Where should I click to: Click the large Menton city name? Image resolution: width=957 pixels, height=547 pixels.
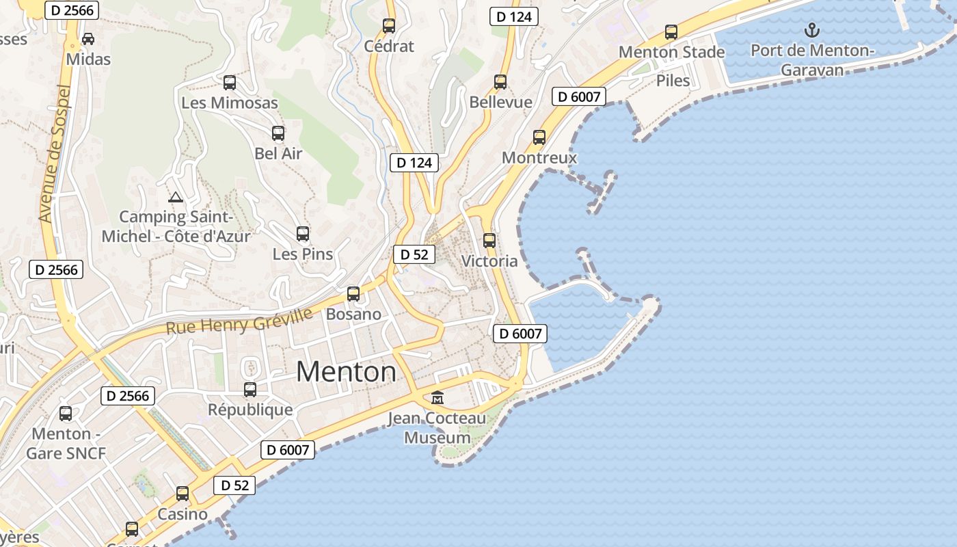(346, 372)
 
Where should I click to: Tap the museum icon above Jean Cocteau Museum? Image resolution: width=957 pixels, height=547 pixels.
(437, 397)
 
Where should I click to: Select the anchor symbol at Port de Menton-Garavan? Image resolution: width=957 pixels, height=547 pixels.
(811, 30)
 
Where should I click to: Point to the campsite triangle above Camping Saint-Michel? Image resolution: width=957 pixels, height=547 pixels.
(176, 198)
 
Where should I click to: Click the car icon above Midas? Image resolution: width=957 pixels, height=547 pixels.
(88, 39)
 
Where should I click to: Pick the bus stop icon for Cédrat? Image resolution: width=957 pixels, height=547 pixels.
(389, 26)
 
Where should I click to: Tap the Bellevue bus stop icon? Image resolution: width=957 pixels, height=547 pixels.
(500, 82)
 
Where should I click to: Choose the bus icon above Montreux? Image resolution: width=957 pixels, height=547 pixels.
(539, 137)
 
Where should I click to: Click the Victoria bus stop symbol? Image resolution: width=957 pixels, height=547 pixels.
(489, 241)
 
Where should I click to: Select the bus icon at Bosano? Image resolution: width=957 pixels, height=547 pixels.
(353, 294)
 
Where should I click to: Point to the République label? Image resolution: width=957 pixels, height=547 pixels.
(250, 410)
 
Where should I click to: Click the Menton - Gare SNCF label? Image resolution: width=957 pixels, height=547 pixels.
(66, 443)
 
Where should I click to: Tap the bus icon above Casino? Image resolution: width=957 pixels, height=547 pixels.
(183, 494)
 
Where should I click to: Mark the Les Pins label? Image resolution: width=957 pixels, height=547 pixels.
(303, 254)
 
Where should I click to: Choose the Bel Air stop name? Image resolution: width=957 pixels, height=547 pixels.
(278, 154)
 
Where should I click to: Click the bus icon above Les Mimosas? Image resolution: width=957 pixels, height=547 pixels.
(230, 83)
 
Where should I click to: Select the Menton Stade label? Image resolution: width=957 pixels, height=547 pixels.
(671, 52)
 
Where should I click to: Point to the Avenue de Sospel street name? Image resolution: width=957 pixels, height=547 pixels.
(55, 154)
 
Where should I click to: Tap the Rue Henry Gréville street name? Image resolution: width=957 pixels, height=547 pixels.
(239, 321)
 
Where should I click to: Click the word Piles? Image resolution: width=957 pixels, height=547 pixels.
(673, 81)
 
